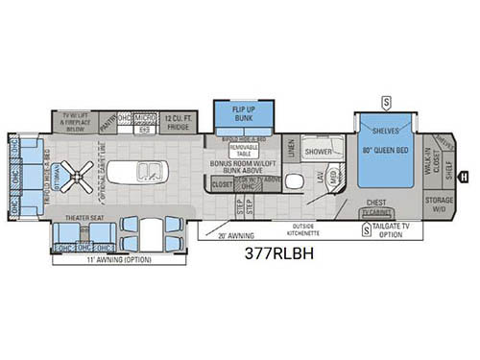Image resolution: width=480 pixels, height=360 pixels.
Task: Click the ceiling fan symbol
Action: [84, 176]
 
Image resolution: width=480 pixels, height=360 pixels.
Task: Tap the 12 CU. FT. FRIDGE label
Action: [179, 120]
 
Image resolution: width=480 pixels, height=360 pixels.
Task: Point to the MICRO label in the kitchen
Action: [145, 117]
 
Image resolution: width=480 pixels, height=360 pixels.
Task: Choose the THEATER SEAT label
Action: [84, 218]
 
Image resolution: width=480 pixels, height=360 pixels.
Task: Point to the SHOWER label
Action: [319, 152]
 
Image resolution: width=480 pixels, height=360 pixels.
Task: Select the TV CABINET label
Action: [377, 212]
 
